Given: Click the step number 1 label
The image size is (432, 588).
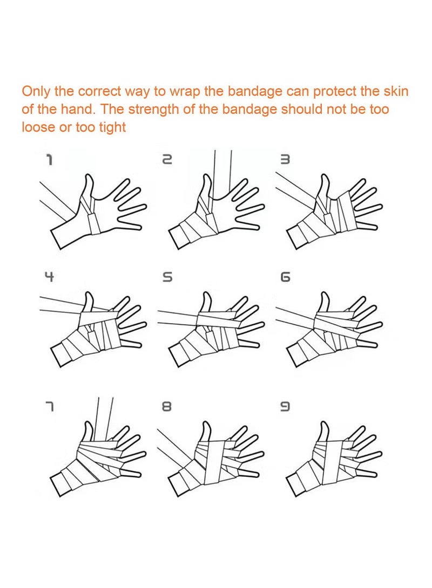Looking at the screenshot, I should click(49, 159).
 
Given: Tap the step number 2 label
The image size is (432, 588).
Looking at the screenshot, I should click(167, 159).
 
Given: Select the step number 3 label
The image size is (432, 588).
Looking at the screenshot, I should click(286, 159).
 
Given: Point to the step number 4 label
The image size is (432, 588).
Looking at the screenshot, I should click(49, 277).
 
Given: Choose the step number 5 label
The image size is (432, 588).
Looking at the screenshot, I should click(168, 277).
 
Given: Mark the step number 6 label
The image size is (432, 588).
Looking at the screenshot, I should click(286, 277).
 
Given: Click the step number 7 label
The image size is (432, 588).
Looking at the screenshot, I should click(49, 406).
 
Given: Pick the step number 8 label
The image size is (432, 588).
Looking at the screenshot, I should click(167, 406).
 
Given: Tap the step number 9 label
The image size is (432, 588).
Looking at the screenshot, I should click(286, 406).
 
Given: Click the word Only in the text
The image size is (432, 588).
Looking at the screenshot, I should click(36, 91).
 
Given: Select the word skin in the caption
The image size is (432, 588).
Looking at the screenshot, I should click(395, 91).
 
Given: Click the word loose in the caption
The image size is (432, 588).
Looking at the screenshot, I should click(37, 128).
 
